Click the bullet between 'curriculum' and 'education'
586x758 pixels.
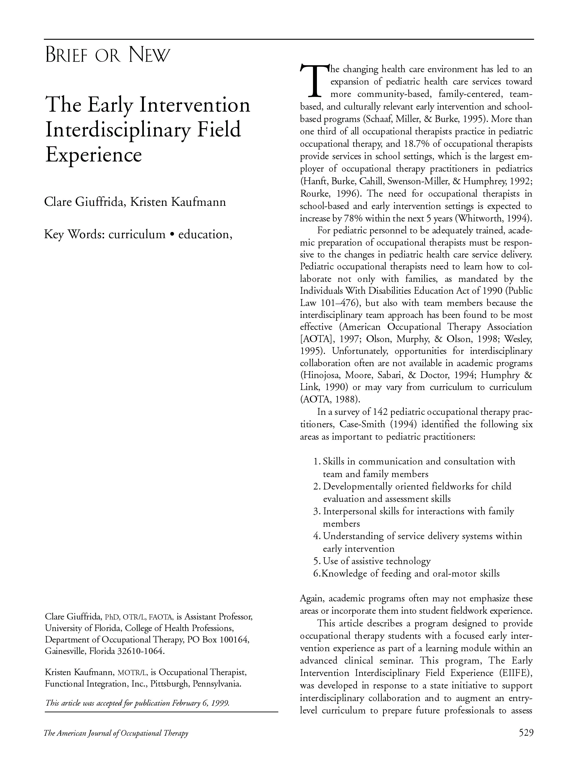coord(172,235)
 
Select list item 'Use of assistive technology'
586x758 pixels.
coord(377,561)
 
